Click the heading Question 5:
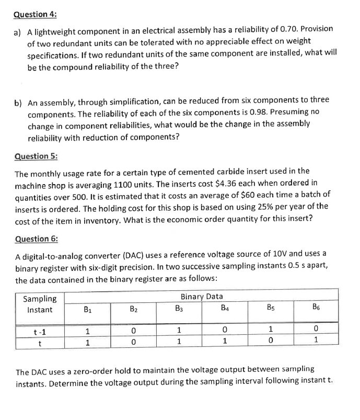[36, 156]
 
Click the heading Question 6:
[36, 239]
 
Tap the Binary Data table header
[201, 297]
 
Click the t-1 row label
[39, 331]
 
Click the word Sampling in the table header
[40, 299]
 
